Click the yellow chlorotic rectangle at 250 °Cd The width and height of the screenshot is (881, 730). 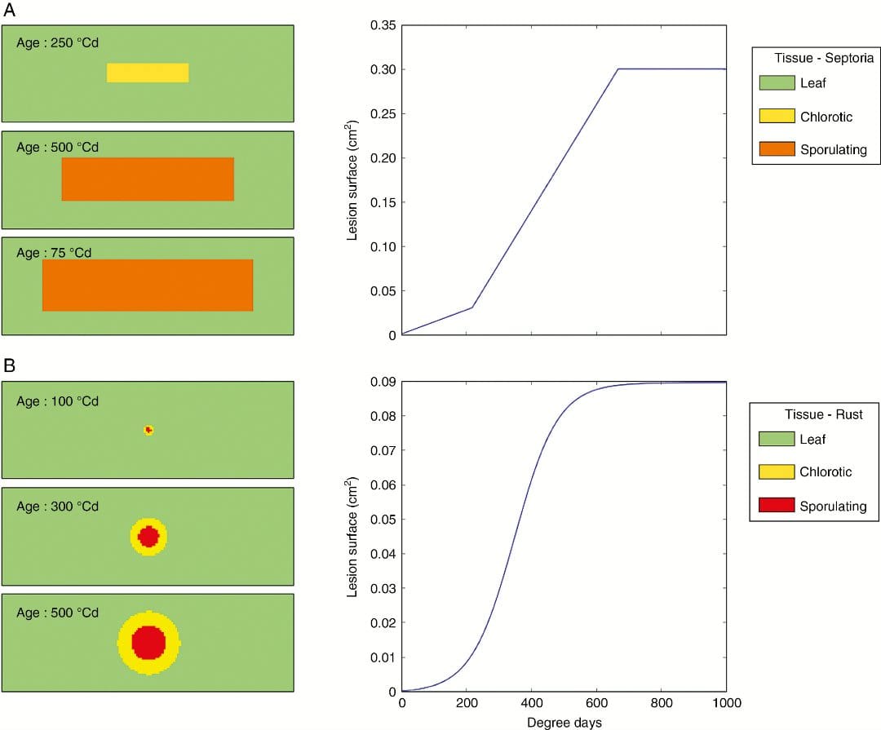[x=148, y=73]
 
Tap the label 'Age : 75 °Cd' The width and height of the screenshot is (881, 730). [x=54, y=253]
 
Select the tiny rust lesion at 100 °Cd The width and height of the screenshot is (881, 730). [x=148, y=430]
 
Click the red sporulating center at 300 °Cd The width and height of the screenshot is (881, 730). [x=148, y=537]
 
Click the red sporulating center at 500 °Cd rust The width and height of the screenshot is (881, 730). [x=148, y=643]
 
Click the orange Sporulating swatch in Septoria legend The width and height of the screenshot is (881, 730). [x=776, y=149]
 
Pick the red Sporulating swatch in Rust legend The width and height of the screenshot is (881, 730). [x=776, y=506]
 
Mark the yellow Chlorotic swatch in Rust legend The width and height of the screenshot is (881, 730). [x=776, y=472]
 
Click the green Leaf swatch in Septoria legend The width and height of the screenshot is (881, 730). [x=776, y=82]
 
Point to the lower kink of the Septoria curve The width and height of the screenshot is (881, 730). [x=471, y=307]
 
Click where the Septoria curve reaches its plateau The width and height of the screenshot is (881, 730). [x=618, y=69]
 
